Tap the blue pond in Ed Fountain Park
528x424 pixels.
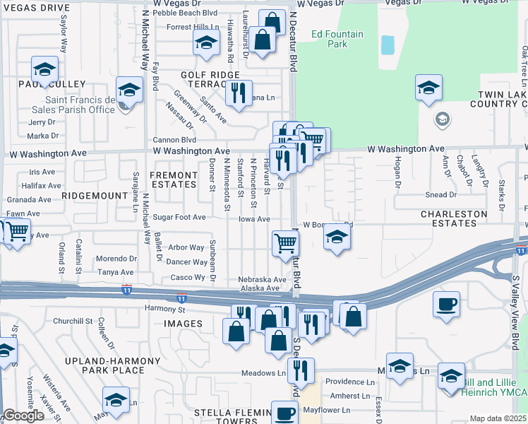click(x=387, y=45)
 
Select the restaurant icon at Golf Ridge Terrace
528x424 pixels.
click(x=239, y=93)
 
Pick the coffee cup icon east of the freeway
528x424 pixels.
click(x=446, y=305)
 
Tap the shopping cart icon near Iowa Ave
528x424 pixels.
click(x=285, y=243)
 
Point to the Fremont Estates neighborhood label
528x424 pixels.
click(x=174, y=179)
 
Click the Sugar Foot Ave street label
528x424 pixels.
click(x=180, y=218)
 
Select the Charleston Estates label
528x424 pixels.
click(x=454, y=218)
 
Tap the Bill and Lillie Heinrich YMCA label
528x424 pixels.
click(x=491, y=387)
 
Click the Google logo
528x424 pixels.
click(x=23, y=416)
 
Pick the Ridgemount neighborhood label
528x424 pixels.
click(x=88, y=193)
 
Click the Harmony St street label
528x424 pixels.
click(x=164, y=309)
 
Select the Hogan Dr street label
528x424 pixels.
click(x=397, y=176)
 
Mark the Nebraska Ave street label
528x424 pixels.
click(x=262, y=279)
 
